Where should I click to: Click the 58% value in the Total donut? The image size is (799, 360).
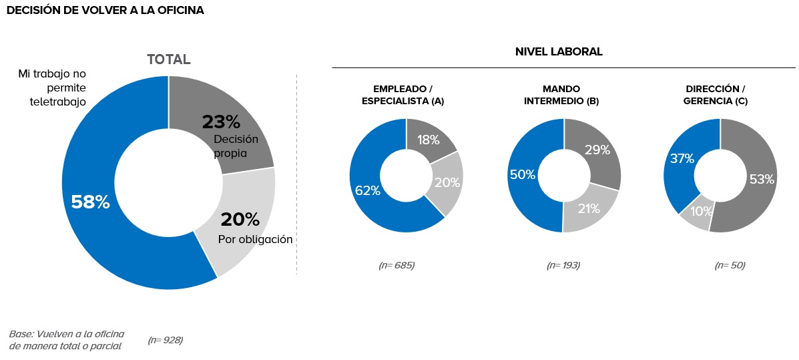pyautogui.click(x=90, y=202)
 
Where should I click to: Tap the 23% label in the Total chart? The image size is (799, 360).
pyautogui.click(x=221, y=122)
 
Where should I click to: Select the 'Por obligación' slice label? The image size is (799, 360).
pyautogui.click(x=256, y=239)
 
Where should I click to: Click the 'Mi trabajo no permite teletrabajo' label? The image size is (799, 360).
pyautogui.click(x=52, y=87)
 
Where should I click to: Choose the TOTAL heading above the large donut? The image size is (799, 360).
pyautogui.click(x=169, y=59)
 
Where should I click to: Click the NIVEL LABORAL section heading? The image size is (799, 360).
pyautogui.click(x=559, y=52)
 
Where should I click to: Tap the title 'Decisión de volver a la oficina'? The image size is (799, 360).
pyautogui.click(x=105, y=11)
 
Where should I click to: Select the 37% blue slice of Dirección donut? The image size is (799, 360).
pyautogui.click(x=683, y=158)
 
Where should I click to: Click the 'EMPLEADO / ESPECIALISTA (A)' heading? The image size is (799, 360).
pyautogui.click(x=403, y=95)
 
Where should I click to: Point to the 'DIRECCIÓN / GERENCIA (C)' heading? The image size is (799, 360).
pyautogui.click(x=716, y=95)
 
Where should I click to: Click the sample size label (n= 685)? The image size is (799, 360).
pyautogui.click(x=396, y=265)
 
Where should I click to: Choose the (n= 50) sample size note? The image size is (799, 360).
pyautogui.click(x=730, y=265)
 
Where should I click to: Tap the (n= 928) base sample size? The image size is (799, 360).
pyautogui.click(x=165, y=340)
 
